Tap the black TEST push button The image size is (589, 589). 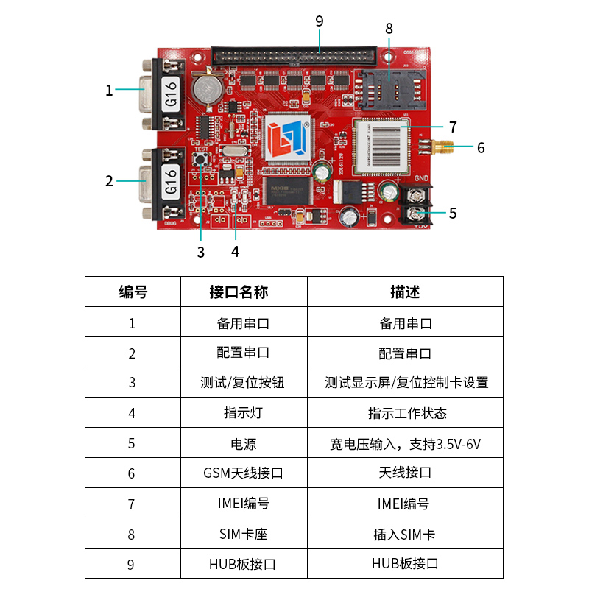[x=201, y=160]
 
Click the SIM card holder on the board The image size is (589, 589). [x=390, y=90]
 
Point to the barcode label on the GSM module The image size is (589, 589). [x=381, y=146]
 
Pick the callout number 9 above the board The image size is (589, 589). [x=320, y=21]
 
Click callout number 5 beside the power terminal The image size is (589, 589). [x=453, y=214]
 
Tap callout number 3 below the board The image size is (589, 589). [x=201, y=253]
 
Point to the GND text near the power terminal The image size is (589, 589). [x=421, y=178]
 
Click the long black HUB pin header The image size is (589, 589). [x=294, y=56]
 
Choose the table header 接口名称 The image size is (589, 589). [x=239, y=292]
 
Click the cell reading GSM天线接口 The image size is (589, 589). [x=244, y=473]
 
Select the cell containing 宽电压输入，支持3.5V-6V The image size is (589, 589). [x=406, y=444]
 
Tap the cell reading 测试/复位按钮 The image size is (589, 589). [x=243, y=382]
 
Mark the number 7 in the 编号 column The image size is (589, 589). [x=131, y=504]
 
